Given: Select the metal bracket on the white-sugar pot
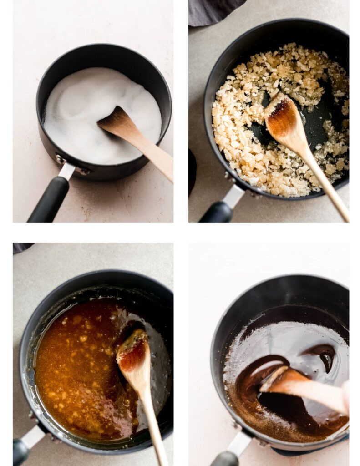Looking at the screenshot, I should pyautogui.click(x=66, y=170).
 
